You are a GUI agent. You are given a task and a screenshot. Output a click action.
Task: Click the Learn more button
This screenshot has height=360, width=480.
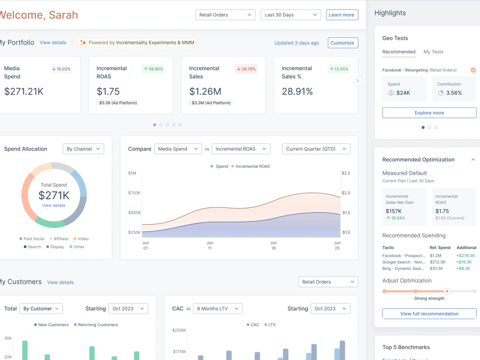pyautogui.click(x=342, y=15)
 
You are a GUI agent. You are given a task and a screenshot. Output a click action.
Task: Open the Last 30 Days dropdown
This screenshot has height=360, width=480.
pyautogui.click(x=290, y=15)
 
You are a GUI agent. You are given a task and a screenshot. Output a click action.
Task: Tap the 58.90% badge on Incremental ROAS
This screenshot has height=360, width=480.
pyautogui.click(x=154, y=69)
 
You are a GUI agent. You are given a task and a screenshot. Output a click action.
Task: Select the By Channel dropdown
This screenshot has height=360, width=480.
pyautogui.click(x=83, y=149)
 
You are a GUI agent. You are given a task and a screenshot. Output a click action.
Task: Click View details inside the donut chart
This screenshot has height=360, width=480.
pyautogui.click(x=54, y=205)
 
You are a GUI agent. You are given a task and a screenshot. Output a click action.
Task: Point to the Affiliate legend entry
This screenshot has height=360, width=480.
pyautogui.click(x=59, y=239)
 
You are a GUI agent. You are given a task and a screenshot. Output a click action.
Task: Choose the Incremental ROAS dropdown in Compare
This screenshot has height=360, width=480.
pyautogui.click(x=241, y=149)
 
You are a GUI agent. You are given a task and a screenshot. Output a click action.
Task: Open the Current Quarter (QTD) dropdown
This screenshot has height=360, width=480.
pyautogui.click(x=316, y=149)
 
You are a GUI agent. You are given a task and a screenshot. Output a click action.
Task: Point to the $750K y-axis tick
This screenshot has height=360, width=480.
pyautogui.click(x=134, y=193)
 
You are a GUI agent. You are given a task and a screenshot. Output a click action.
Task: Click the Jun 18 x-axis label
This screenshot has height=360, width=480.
pyautogui.click(x=274, y=245)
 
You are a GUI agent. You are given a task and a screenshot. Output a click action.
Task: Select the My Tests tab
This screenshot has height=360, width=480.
pyautogui.click(x=433, y=52)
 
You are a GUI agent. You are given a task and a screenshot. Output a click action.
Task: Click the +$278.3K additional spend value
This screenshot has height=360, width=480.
pyautogui.click(x=466, y=256)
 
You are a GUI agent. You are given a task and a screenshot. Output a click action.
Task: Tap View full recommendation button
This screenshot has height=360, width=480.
pyautogui.click(x=429, y=314)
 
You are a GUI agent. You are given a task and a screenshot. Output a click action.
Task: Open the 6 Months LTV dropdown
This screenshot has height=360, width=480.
pyautogui.click(x=217, y=309)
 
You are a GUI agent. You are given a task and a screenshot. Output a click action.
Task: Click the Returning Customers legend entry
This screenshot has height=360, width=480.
pyautogui.click(x=96, y=325)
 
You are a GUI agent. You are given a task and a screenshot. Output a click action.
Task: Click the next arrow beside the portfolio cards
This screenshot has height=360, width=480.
pyautogui.click(x=358, y=81)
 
